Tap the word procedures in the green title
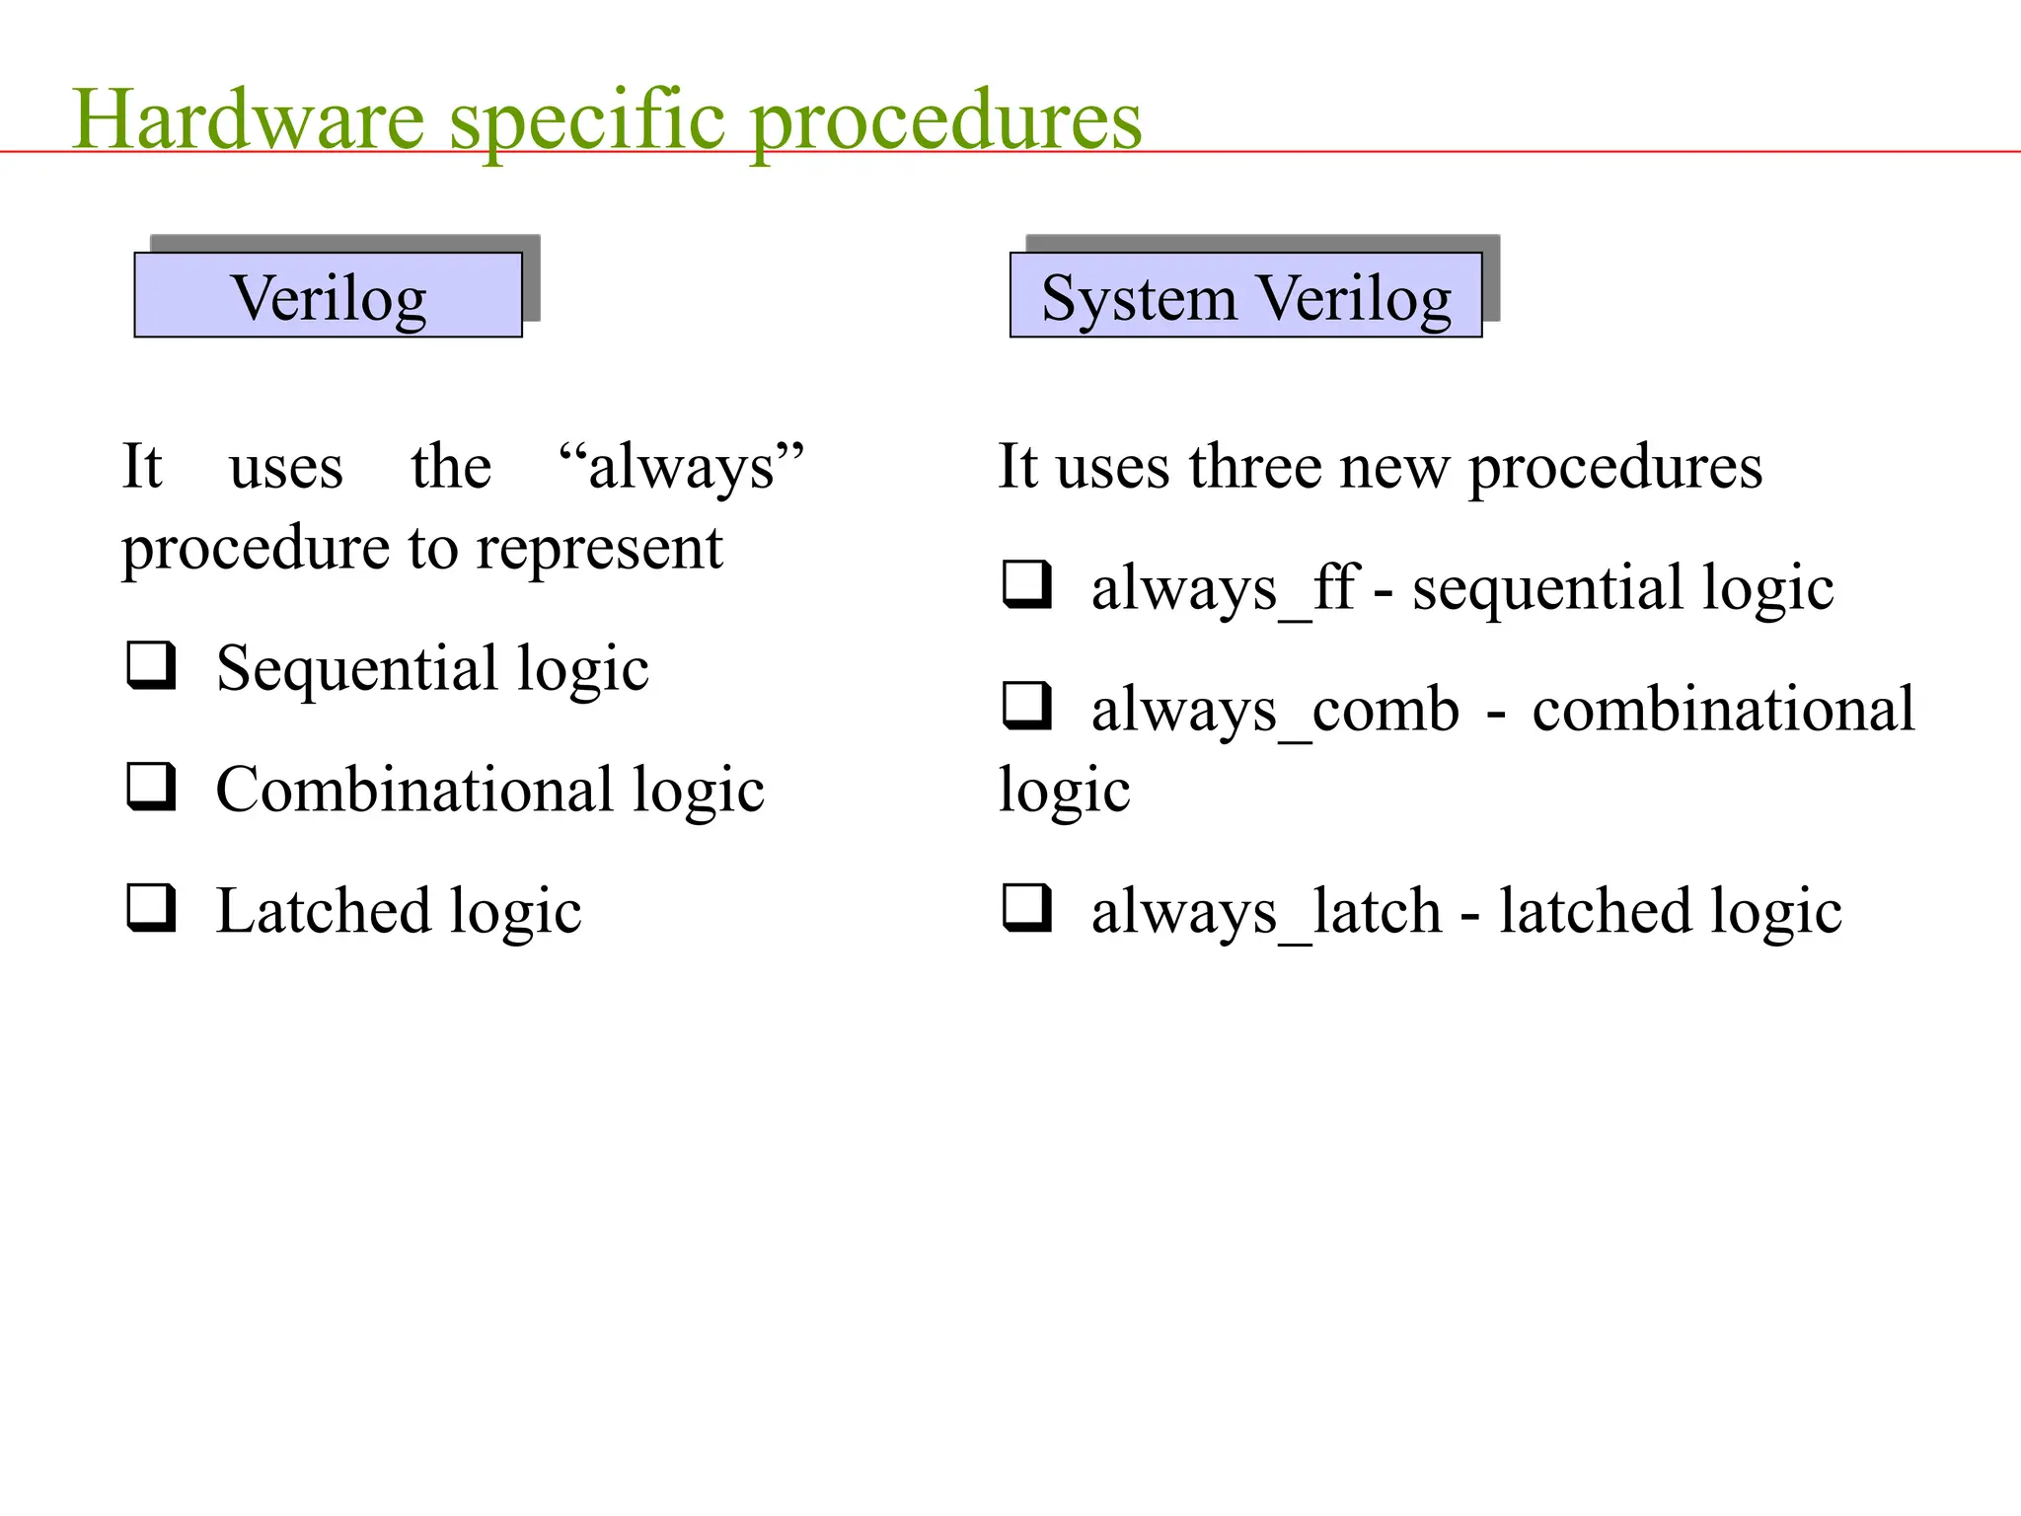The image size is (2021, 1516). pyautogui.click(x=945, y=120)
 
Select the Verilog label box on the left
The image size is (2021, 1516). pyautogui.click(x=328, y=295)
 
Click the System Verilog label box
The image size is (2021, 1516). pyautogui.click(x=1245, y=295)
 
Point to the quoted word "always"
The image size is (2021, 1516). pyautogui.click(x=681, y=466)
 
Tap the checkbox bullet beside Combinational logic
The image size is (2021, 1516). pyautogui.click(x=150, y=787)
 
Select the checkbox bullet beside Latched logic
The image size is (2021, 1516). pyautogui.click(x=150, y=907)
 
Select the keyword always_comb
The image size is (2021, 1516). pyautogui.click(x=1275, y=709)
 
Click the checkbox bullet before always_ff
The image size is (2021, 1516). pyautogui.click(x=1026, y=583)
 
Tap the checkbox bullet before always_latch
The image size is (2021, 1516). pyautogui.click(x=1026, y=907)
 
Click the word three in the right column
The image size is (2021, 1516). pyautogui.click(x=1255, y=466)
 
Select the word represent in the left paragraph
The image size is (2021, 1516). pyautogui.click(x=599, y=548)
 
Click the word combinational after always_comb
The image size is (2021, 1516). pyautogui.click(x=1723, y=709)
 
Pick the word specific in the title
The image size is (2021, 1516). pyautogui.click(x=588, y=120)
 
